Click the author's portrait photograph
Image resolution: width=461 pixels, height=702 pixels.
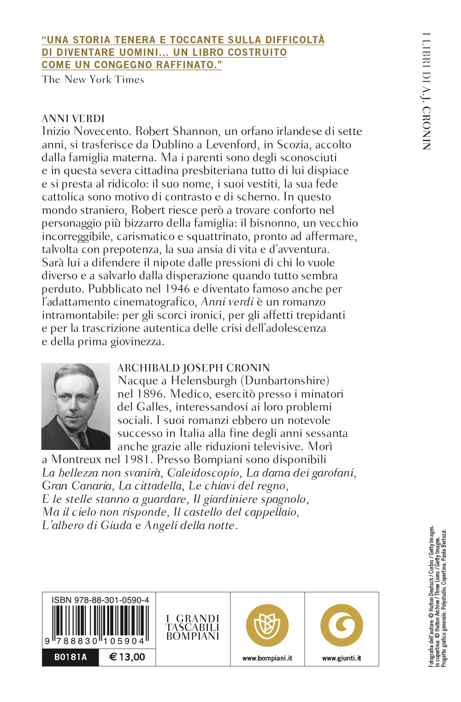tap(76, 406)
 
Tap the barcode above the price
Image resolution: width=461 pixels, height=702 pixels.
tap(99, 624)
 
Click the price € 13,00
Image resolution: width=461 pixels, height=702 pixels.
tap(127, 657)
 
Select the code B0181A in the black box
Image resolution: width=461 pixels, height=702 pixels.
tap(71, 657)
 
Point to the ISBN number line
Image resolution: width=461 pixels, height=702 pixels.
tap(100, 600)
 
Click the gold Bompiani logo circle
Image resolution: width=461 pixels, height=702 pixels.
tap(267, 625)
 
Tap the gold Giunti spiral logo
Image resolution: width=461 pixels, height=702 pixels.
tap(342, 625)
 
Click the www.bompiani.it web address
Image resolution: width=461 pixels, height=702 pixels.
tap(267, 658)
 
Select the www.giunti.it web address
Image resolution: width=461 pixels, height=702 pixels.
tap(342, 658)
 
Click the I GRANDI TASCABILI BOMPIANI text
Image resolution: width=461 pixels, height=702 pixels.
tap(193, 627)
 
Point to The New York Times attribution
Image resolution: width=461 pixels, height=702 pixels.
tap(93, 79)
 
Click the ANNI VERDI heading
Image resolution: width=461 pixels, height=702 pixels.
tap(73, 118)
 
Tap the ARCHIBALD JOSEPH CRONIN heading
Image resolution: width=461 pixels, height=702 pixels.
tap(194, 368)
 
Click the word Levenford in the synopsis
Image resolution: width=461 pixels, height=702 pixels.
tap(231, 145)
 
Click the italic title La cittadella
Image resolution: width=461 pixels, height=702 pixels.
tap(150, 486)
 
